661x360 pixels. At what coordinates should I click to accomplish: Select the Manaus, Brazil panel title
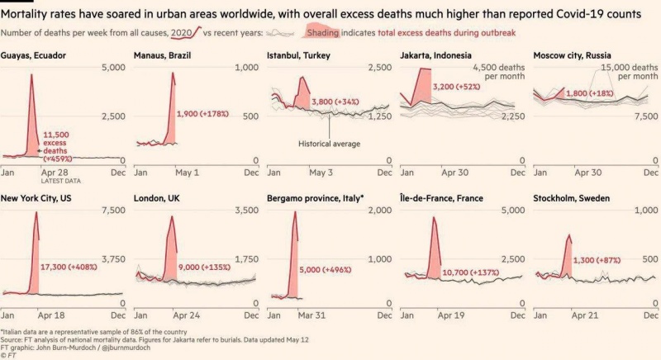point(165,55)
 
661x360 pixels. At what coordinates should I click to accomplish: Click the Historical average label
point(329,144)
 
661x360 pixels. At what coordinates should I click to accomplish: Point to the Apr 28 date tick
point(55,173)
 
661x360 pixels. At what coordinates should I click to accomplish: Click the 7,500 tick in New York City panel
point(112,211)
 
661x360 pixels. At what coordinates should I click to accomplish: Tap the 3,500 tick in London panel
point(245,211)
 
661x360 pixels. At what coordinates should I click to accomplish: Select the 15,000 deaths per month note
point(624,72)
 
